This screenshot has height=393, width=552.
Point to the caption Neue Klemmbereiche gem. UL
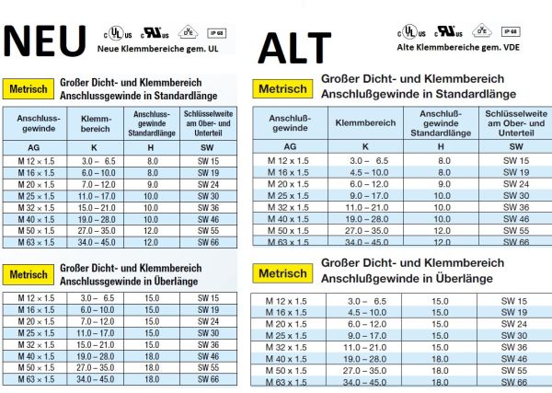click(164, 48)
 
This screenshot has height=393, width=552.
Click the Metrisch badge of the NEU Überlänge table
click(29, 274)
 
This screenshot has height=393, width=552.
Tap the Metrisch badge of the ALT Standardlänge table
click(282, 89)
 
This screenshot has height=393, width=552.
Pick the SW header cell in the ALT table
click(514, 146)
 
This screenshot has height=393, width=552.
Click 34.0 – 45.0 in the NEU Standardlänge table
click(98, 243)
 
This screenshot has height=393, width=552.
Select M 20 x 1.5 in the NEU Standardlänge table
click(38, 184)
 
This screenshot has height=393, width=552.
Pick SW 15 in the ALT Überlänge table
click(514, 301)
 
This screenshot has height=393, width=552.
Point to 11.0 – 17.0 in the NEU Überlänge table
click(98, 332)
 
